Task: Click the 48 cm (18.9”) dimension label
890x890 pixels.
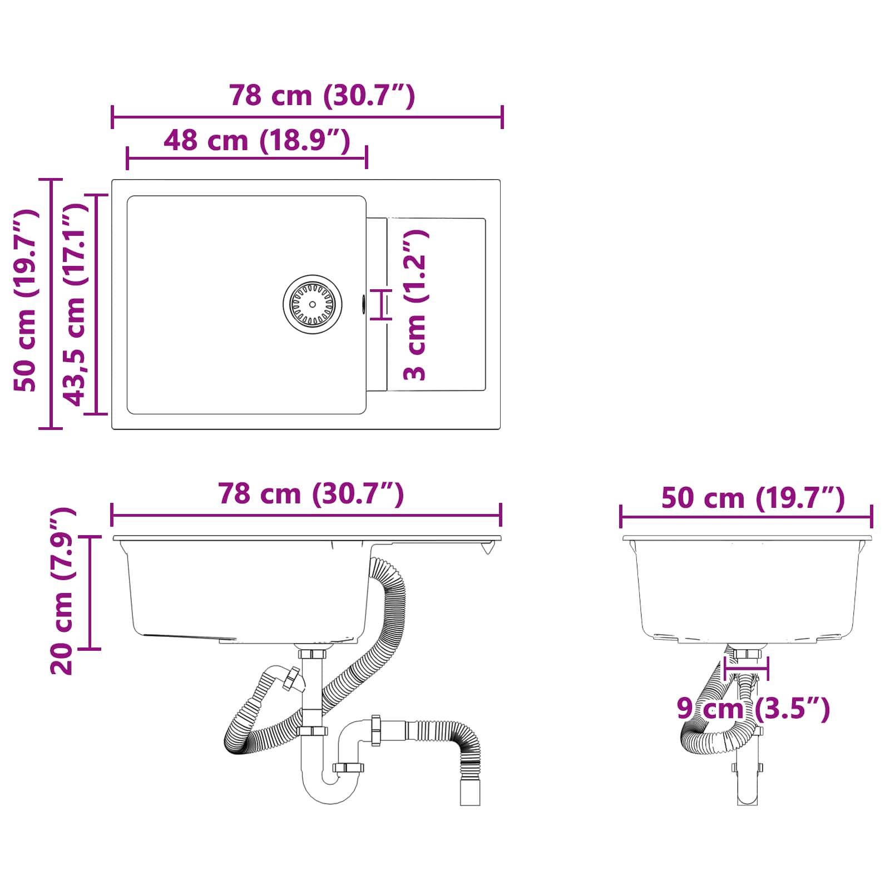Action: (257, 141)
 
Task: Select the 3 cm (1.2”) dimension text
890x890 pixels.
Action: (416, 305)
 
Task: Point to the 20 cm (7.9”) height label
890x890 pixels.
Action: (62, 591)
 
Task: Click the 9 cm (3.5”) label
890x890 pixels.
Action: (753, 709)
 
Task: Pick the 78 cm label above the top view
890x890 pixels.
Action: (322, 96)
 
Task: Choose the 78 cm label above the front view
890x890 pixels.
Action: (311, 494)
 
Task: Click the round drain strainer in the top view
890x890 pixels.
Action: (312, 304)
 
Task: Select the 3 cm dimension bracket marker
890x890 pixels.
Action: (382, 304)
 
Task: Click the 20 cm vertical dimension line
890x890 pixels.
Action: (90, 592)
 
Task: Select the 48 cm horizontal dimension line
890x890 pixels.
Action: (246, 159)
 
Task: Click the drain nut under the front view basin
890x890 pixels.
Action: (312, 654)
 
